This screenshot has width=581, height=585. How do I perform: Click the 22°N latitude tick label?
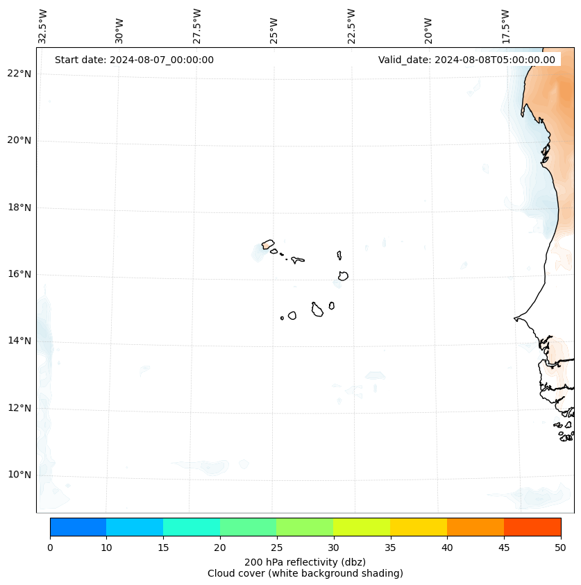point(18,74)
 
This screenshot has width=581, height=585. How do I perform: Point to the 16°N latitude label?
point(18,274)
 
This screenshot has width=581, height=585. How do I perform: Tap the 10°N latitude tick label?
point(18,475)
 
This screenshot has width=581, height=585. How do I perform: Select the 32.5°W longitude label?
point(43,26)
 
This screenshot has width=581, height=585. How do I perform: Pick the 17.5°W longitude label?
point(506,26)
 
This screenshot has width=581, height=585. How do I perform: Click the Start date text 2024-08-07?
point(134,60)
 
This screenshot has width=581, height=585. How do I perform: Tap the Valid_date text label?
point(466,60)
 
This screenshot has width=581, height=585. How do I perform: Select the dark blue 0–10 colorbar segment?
point(78,527)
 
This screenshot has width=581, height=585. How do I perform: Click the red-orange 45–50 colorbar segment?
point(532,527)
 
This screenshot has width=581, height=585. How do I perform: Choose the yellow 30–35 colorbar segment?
point(362,527)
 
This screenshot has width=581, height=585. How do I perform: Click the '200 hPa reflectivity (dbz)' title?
point(305,561)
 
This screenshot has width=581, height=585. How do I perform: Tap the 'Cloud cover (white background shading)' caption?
point(305,573)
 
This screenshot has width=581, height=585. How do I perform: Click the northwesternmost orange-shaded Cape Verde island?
point(268,244)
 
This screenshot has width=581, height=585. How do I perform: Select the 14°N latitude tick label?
point(18,341)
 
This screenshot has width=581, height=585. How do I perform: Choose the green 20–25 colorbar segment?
point(248,527)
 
